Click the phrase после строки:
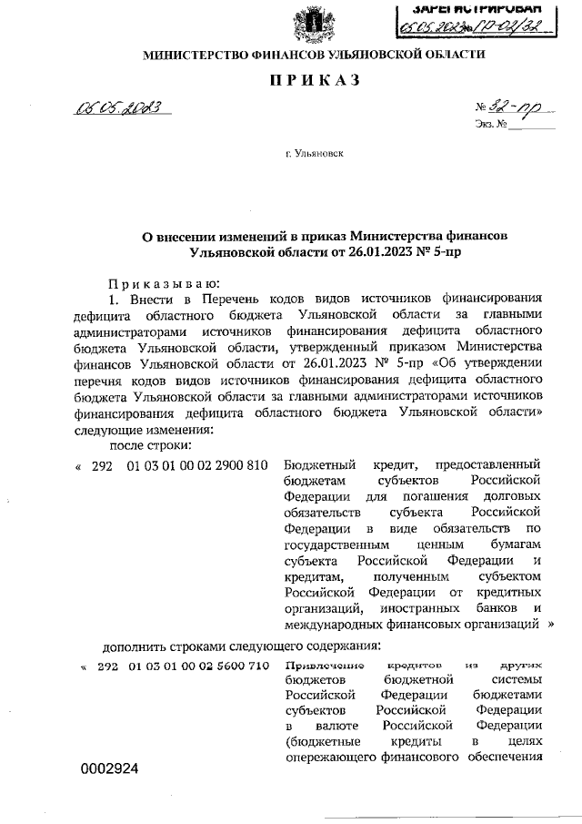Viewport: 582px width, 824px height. tap(150, 445)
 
